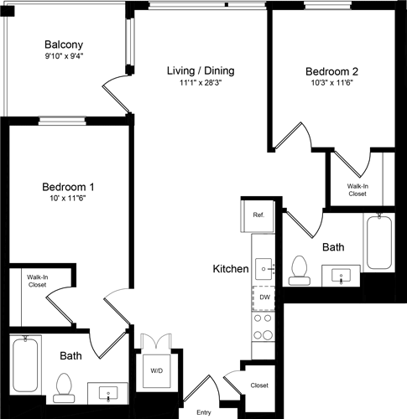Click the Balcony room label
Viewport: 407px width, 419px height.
(x=64, y=44)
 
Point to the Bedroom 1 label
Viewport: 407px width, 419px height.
(x=68, y=186)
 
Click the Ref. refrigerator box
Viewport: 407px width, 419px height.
(x=258, y=215)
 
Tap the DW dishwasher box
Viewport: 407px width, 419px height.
(x=264, y=297)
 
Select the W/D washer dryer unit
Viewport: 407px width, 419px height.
(x=156, y=370)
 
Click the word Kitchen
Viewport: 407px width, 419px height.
(x=229, y=269)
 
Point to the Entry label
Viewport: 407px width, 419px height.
(x=204, y=412)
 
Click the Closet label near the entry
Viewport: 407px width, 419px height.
(x=259, y=385)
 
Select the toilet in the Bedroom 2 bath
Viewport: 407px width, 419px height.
(x=298, y=268)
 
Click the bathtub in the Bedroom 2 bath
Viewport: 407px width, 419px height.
(x=379, y=241)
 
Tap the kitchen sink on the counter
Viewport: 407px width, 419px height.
(x=264, y=268)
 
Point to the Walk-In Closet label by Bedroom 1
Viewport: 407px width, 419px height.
(x=36, y=281)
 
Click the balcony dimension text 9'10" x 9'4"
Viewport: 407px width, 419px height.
(x=64, y=57)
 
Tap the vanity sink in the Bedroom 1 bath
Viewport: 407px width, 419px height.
(x=109, y=392)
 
